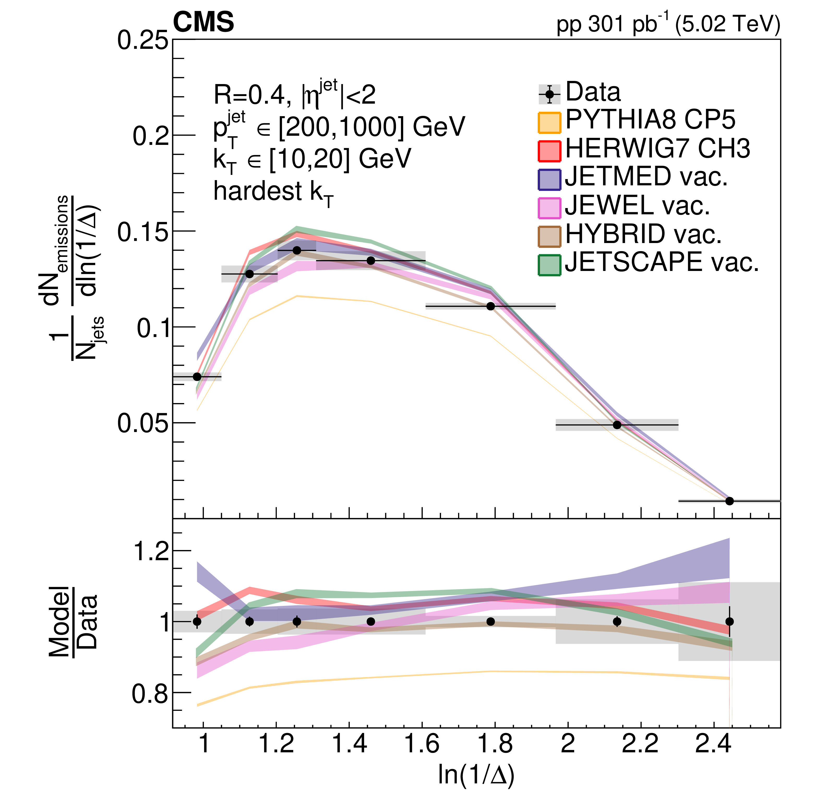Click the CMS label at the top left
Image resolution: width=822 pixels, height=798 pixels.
[x=203, y=22]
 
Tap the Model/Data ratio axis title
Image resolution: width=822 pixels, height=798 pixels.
[x=73, y=621]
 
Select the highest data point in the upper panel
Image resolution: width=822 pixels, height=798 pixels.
[x=297, y=251]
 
